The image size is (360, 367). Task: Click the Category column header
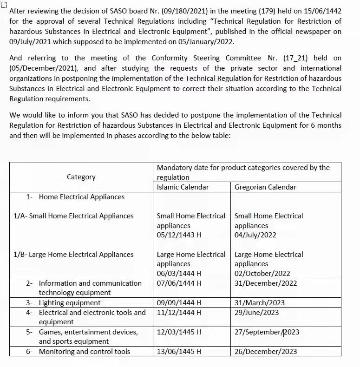[81, 177]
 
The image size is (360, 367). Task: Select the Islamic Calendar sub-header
[183, 187]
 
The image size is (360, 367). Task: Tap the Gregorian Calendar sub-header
[265, 187]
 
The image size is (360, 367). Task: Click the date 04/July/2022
[255, 235]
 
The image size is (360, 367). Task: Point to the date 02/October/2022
[262, 274]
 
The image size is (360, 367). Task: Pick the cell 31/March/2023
[260, 303]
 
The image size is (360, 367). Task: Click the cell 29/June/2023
[257, 313]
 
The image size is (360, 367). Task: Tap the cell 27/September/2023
[267, 332]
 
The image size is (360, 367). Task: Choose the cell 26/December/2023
[266, 352]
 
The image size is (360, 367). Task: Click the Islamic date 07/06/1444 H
[179, 283]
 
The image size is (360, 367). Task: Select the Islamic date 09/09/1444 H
[179, 303]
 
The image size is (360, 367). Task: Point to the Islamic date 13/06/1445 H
[179, 352]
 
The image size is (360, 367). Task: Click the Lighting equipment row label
[70, 303]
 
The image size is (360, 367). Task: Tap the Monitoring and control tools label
[84, 352]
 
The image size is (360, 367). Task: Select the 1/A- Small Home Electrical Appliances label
[74, 216]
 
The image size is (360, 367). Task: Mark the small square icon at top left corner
[4, 4]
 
